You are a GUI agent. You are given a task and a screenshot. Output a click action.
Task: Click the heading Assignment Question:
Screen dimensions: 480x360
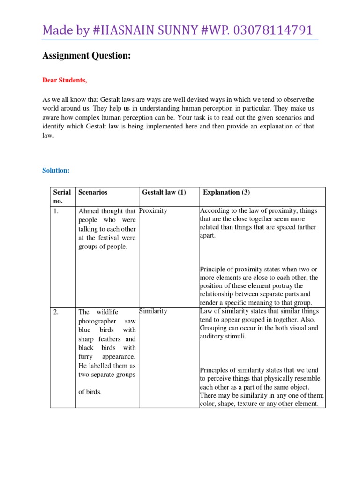pyautogui.click(x=86, y=56)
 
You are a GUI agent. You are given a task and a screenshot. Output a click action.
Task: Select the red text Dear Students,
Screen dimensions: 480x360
pyautogui.click(x=65, y=80)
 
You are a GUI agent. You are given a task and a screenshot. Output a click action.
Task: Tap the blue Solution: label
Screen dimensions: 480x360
pyautogui.click(x=56, y=170)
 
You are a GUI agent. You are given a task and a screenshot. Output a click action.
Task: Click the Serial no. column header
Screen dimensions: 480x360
pyautogui.click(x=62, y=196)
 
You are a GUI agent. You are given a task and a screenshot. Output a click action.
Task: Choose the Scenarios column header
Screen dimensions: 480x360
pyautogui.click(x=93, y=192)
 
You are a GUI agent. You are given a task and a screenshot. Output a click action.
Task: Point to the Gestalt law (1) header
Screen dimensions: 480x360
pyautogui.click(x=164, y=192)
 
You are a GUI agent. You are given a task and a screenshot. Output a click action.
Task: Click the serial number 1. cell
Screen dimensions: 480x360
pyautogui.click(x=56, y=211)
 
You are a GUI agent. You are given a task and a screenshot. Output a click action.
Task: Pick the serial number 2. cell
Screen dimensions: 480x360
pyautogui.click(x=56, y=312)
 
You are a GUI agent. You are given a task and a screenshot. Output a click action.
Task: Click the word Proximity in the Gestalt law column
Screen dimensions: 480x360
pyautogui.click(x=153, y=210)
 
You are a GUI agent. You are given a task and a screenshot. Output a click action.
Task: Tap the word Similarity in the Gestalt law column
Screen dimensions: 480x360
pyautogui.click(x=153, y=311)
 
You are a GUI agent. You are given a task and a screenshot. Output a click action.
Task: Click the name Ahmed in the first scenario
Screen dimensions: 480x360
pyautogui.click(x=88, y=211)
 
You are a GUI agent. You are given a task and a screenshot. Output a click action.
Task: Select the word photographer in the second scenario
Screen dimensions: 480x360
pyautogui.click(x=97, y=321)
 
